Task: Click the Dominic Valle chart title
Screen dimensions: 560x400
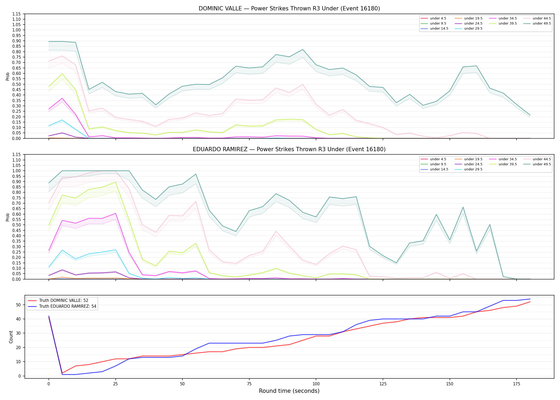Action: click(289, 9)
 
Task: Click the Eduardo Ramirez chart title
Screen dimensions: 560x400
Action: click(289, 149)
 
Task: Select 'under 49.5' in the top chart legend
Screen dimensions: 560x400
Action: click(542, 23)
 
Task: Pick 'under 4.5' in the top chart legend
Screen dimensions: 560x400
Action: click(438, 18)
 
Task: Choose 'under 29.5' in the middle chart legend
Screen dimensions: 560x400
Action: click(473, 169)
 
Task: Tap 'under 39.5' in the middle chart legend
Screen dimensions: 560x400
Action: click(507, 164)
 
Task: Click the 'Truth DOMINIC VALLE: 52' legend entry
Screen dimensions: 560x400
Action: click(63, 301)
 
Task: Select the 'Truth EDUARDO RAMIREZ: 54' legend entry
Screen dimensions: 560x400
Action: click(67, 306)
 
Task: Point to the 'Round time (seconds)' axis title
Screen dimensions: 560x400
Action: click(289, 391)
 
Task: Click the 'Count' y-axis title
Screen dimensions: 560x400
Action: click(11, 337)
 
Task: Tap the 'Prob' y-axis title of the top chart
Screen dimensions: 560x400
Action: click(8, 76)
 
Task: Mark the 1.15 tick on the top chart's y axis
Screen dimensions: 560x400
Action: click(17, 14)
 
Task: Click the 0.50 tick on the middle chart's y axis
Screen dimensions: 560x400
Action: click(17, 225)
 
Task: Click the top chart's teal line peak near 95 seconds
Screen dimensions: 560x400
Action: click(303, 49)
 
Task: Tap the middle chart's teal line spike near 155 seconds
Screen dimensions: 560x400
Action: click(463, 207)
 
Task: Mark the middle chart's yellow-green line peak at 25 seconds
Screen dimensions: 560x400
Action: click(115, 182)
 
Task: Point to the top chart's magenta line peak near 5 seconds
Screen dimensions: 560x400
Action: click(62, 98)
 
